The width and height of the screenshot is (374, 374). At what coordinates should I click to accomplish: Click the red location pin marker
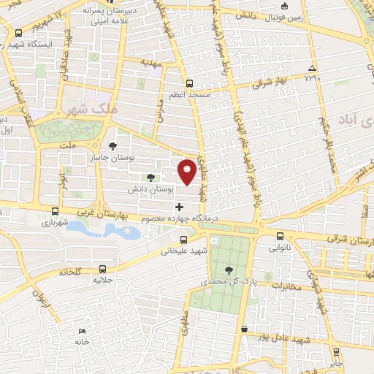(x=188, y=171)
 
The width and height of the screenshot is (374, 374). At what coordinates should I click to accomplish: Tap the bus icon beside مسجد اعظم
(x=190, y=83)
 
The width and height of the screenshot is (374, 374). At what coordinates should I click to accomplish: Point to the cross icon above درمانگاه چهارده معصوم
(x=180, y=207)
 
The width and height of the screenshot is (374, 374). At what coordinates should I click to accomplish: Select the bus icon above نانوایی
(x=281, y=235)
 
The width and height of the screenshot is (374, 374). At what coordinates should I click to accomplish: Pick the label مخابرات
(x=286, y=286)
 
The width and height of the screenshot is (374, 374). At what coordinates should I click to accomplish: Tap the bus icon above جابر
(x=336, y=351)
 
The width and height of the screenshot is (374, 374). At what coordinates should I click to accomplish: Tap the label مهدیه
(x=162, y=63)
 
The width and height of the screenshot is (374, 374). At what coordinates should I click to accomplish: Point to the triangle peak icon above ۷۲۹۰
(x=312, y=66)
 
